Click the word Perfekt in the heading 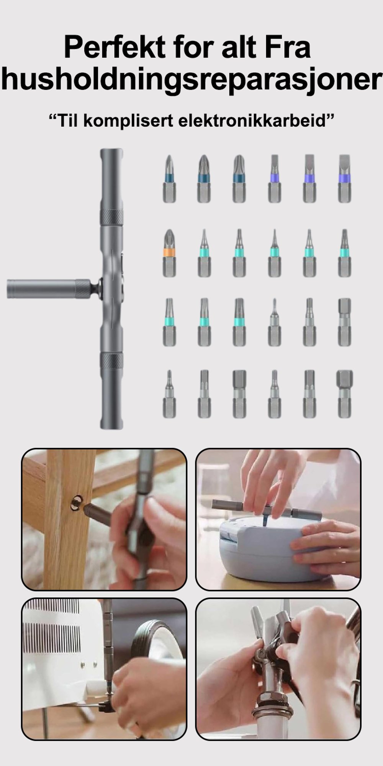pos(115,47)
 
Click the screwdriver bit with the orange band pos(169,253)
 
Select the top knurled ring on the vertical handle pos(111,217)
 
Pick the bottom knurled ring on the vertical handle pos(111,360)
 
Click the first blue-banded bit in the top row pos(169,179)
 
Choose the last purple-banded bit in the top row pos(344,179)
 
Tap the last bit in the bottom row pos(344,394)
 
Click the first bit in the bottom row pos(169,394)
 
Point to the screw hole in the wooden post pos(77,503)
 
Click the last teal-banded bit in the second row pos(344,253)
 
